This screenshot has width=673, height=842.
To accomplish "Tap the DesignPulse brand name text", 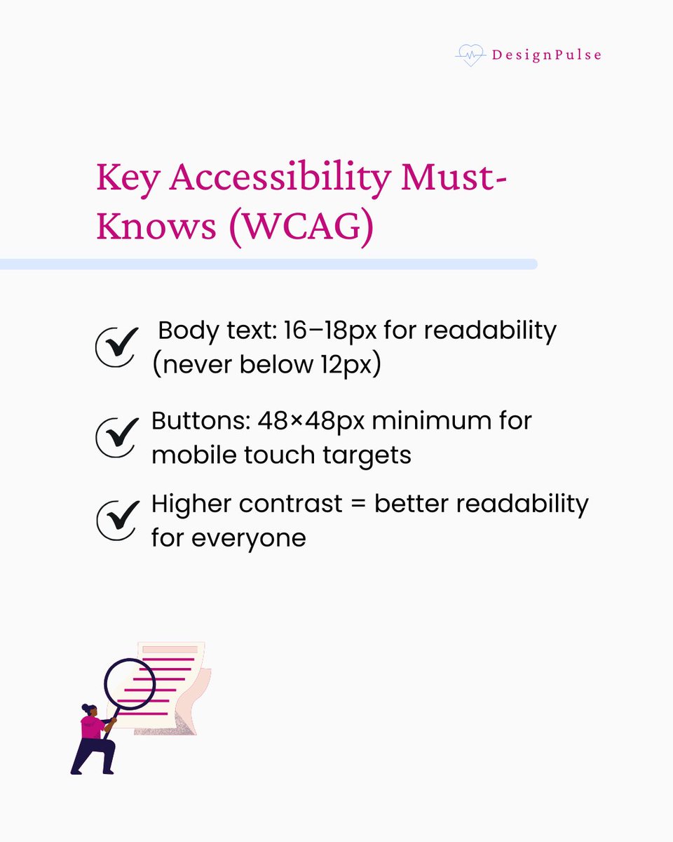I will coord(545,55).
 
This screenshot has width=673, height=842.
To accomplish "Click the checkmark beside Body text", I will coord(115,347).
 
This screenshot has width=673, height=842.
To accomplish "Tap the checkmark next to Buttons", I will coord(115,437).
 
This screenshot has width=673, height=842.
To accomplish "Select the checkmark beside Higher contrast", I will coord(115,520).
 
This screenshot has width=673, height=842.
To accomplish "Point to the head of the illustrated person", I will coord(88,709).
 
